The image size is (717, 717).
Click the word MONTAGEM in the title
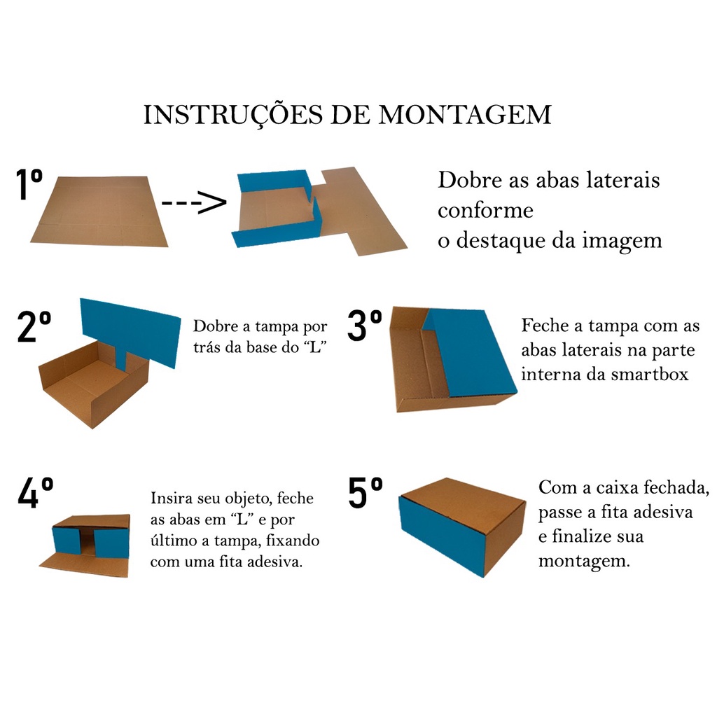point(465,115)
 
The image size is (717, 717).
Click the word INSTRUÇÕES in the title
point(233,116)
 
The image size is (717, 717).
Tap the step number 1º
point(29,184)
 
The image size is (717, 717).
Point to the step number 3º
point(364,325)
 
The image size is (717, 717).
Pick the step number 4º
point(36,492)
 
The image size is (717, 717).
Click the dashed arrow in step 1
point(195,202)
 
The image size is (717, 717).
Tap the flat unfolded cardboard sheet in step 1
point(99,211)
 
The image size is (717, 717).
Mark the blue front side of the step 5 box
point(441,535)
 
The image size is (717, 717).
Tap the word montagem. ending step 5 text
point(584,561)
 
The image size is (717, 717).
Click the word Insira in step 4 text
point(169,498)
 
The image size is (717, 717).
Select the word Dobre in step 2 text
point(216,326)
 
